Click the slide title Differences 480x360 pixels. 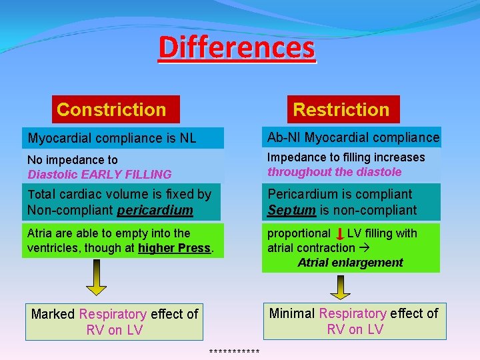237,47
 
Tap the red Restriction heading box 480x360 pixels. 341,109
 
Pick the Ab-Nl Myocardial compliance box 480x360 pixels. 351,137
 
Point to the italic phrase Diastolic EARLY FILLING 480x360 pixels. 99,175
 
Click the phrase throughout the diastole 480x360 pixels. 335,172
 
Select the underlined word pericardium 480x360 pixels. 155,211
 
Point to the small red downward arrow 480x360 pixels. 340,234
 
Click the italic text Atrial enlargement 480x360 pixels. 350,263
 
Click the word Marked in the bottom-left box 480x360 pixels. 53,314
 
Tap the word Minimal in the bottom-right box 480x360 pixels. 292,313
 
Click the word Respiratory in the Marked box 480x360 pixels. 113,314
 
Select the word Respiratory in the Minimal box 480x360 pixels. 353,313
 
